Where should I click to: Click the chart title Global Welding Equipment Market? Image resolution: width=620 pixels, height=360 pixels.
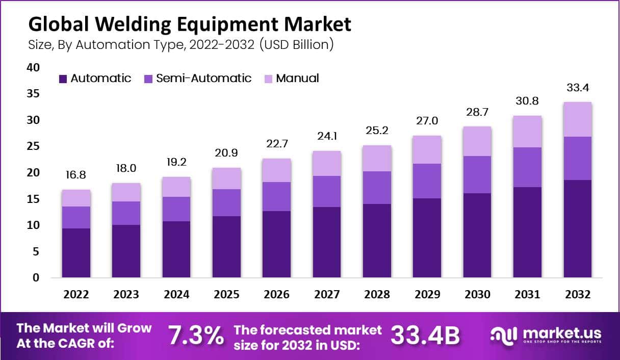(x=190, y=24)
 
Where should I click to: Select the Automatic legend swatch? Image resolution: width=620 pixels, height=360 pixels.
(x=63, y=79)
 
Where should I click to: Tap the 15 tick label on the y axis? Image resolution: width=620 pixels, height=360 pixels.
(x=33, y=199)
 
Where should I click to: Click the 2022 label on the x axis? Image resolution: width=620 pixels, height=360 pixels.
(x=76, y=295)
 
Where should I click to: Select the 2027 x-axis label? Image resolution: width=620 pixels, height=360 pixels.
(x=327, y=295)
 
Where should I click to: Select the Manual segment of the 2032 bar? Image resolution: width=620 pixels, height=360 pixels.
(x=578, y=119)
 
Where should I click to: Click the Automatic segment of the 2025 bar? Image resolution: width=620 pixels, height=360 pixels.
(x=226, y=247)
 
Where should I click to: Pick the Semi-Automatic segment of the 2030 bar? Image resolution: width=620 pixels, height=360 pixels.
(x=477, y=174)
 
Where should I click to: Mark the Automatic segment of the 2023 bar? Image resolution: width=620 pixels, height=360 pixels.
(x=126, y=251)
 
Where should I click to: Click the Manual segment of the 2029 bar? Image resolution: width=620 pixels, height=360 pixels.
(x=427, y=149)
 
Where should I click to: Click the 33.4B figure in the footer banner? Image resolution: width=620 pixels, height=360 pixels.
(x=425, y=336)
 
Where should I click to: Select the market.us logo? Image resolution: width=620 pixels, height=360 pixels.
(x=546, y=335)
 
